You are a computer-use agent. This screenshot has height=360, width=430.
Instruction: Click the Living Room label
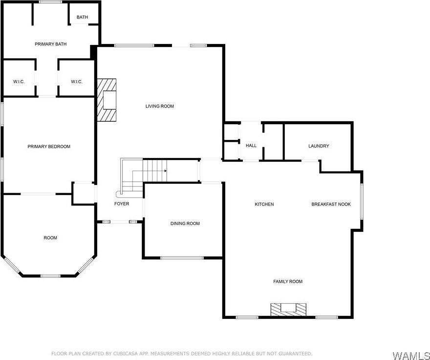pyautogui.click(x=160, y=106)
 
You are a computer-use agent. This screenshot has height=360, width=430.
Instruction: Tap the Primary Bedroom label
pyautogui.click(x=49, y=146)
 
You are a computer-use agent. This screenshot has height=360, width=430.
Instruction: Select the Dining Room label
pyautogui.click(x=185, y=224)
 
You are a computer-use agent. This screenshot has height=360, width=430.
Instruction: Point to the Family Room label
pyautogui.click(x=288, y=281)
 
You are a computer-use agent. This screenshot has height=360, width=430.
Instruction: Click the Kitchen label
pyautogui.click(x=264, y=204)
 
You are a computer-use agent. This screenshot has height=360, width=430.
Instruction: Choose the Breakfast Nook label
pyautogui.click(x=331, y=204)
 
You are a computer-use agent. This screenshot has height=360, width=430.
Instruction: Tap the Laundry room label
pyautogui.click(x=319, y=146)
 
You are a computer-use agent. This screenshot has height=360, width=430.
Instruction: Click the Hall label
pyautogui.click(x=251, y=145)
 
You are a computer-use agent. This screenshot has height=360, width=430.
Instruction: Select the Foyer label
pyautogui.click(x=122, y=203)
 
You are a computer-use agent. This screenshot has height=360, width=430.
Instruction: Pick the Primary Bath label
pyautogui.click(x=50, y=44)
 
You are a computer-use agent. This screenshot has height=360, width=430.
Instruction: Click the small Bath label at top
pyautogui.click(x=82, y=18)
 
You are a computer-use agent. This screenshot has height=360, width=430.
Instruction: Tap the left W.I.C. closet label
pyautogui.click(x=19, y=82)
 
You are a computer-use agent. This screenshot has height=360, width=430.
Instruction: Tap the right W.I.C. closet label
pyautogui.click(x=76, y=82)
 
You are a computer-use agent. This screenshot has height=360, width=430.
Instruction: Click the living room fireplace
pyautogui.click(x=107, y=100)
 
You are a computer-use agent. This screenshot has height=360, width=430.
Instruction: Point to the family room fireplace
pyautogui.click(x=289, y=309)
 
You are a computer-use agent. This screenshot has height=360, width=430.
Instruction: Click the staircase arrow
pyautogui.click(x=165, y=171)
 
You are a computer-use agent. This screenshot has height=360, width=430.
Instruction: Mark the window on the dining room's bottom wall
pyautogui.click(x=182, y=257)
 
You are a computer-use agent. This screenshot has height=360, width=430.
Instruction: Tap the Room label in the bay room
pyautogui.click(x=50, y=238)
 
